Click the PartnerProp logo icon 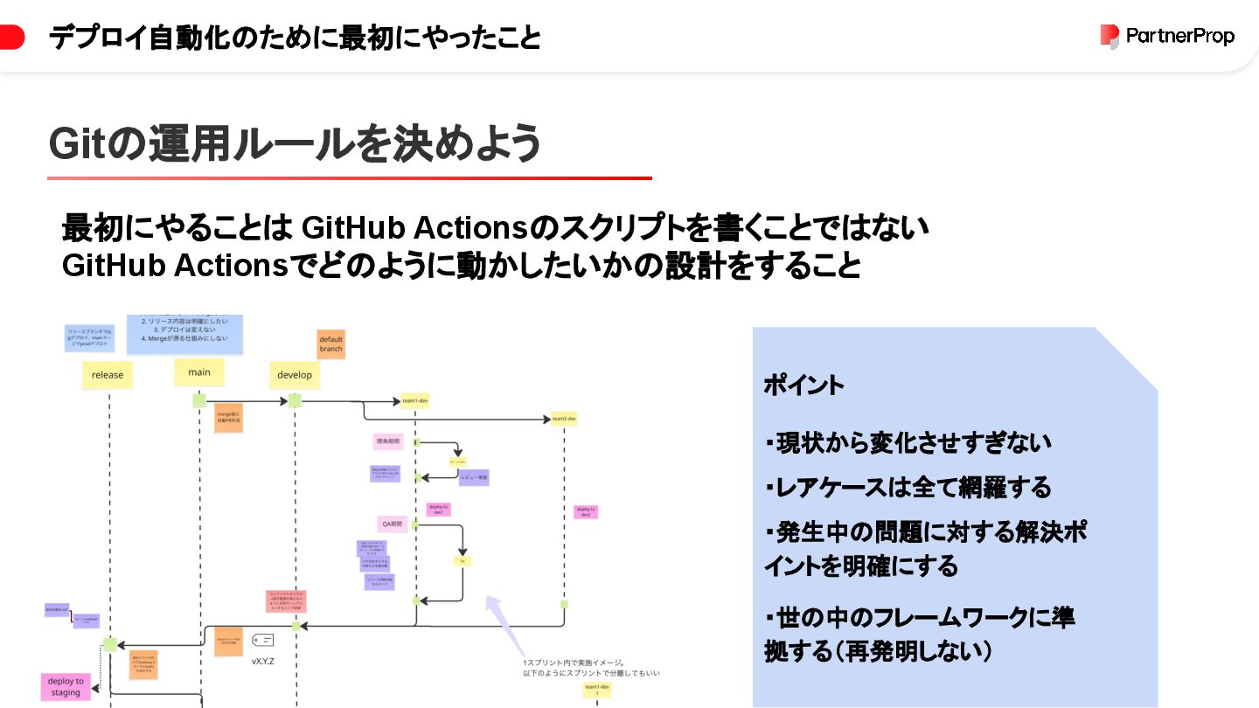coord(1109,37)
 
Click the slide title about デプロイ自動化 coord(295,38)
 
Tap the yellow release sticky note coord(108,375)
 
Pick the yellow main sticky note coord(199,372)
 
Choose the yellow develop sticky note coord(295,375)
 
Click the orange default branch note coord(331,344)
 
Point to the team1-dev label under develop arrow coord(414,401)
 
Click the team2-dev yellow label coord(564,419)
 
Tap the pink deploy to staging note coord(66,687)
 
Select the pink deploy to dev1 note coord(438,509)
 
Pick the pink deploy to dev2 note coord(586,511)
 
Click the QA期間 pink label coord(391,524)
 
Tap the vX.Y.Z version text coord(263,662)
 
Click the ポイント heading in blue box coord(804,385)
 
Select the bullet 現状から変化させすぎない coord(908,443)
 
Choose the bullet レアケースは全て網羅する coord(908,487)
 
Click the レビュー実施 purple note coord(473,478)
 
